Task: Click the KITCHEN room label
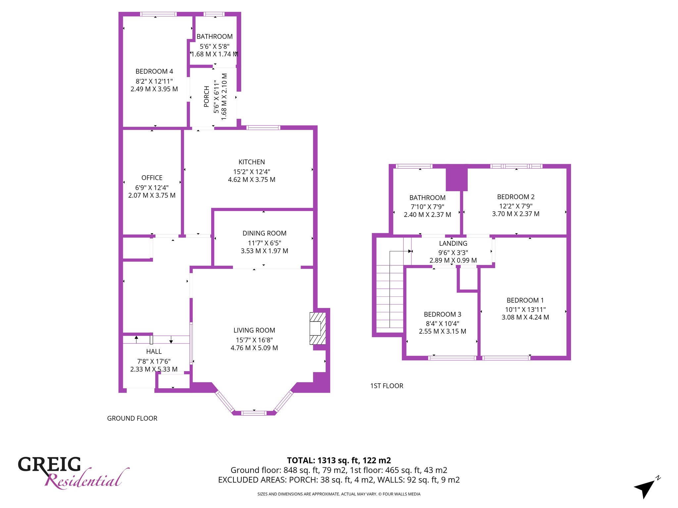(252, 162)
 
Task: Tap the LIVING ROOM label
(254, 330)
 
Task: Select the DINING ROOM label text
(265, 233)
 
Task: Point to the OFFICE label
(152, 178)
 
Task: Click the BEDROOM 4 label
(154, 71)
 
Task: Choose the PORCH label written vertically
(207, 97)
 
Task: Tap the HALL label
(154, 352)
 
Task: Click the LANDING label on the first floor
(453, 243)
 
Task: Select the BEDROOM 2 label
(516, 197)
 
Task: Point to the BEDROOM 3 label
(443, 315)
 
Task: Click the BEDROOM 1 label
(525, 301)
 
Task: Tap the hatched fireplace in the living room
(318, 328)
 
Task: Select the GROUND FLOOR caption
(132, 418)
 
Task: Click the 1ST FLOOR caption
(387, 386)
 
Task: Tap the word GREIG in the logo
(49, 464)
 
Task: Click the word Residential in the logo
(87, 479)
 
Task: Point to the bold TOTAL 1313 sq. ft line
(339, 460)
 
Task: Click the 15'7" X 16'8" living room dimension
(254, 340)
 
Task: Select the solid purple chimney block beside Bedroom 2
(457, 179)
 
